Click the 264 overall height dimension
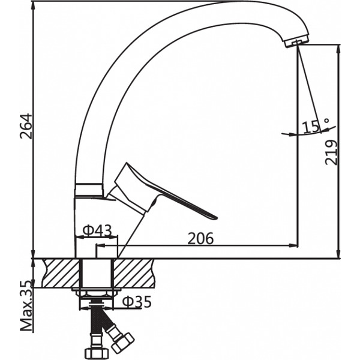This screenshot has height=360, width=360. pyautogui.click(x=26, y=126)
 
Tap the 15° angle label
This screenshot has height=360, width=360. pyautogui.click(x=316, y=127)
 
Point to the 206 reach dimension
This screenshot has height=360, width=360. pyautogui.click(x=200, y=238)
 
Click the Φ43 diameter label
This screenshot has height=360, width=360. pyautogui.click(x=97, y=230)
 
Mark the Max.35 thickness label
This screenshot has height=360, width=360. pyautogui.click(x=26, y=307)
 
